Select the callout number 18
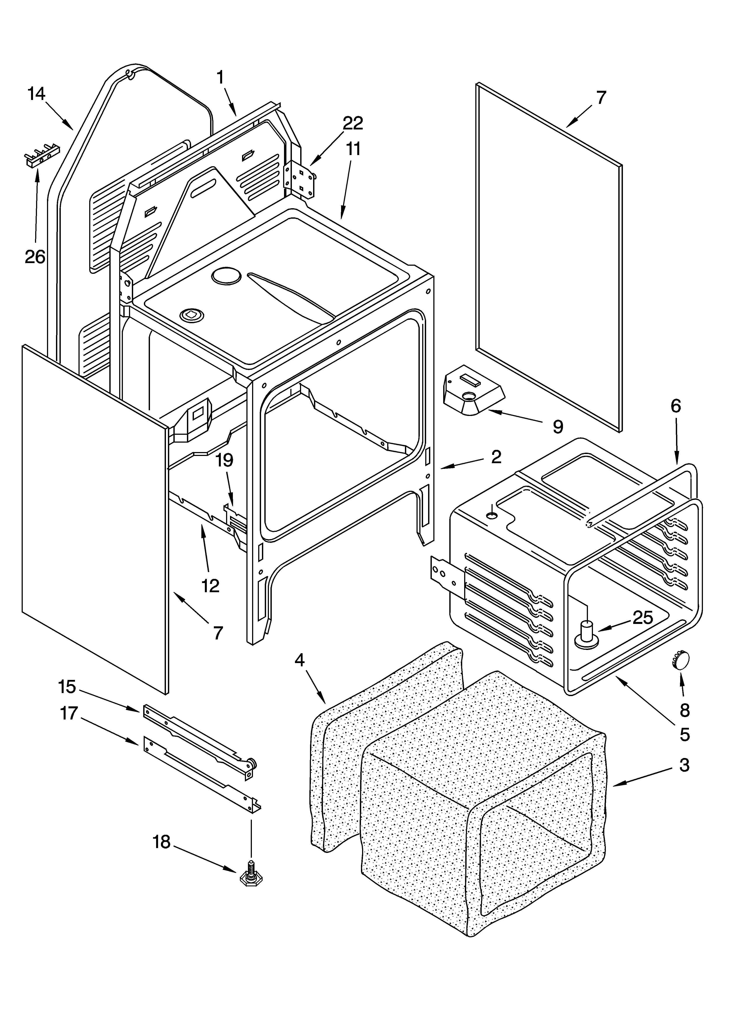(x=161, y=842)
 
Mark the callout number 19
(x=225, y=460)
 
